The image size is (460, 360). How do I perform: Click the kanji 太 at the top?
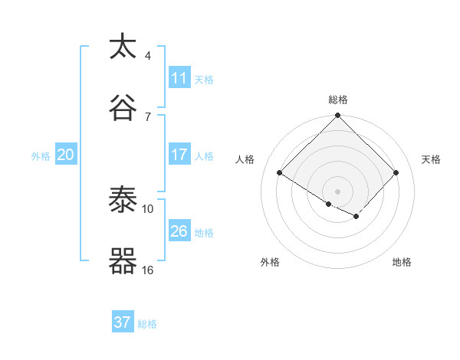(123, 47)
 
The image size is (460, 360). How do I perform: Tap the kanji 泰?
(123, 200)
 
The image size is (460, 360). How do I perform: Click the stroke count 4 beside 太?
(147, 56)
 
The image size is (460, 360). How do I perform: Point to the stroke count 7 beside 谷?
(147, 116)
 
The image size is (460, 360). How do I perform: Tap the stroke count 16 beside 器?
(147, 270)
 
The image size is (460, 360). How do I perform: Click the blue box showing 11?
(179, 78)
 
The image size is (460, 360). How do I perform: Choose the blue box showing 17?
(179, 155)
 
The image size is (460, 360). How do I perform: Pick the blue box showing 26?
(179, 231)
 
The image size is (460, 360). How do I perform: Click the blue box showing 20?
(65, 155)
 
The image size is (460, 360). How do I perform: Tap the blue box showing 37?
(122, 322)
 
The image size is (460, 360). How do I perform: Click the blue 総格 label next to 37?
(147, 324)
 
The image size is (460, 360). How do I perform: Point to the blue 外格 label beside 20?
(41, 156)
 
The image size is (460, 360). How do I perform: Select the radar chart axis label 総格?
(338, 100)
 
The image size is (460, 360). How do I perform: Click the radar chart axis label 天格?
(432, 159)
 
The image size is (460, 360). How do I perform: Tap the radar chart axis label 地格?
(402, 262)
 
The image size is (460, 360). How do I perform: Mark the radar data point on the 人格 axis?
(280, 172)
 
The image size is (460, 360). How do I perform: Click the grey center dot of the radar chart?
(338, 191)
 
